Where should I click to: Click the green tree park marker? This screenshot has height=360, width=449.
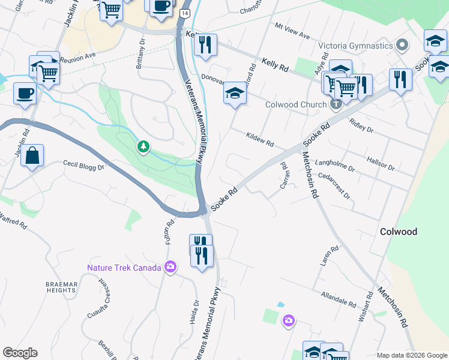click(x=143, y=146)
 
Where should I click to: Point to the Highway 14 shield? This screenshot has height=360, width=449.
click(x=185, y=13)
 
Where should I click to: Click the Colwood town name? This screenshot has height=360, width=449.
click(x=399, y=232)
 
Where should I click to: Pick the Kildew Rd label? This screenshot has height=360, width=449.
click(x=260, y=140)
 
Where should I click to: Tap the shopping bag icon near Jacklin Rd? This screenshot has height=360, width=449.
click(x=34, y=155)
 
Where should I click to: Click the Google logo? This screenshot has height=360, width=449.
click(x=20, y=353)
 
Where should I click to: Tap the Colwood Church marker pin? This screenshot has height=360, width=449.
click(x=336, y=104)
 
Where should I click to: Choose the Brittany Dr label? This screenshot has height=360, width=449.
click(x=142, y=55)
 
